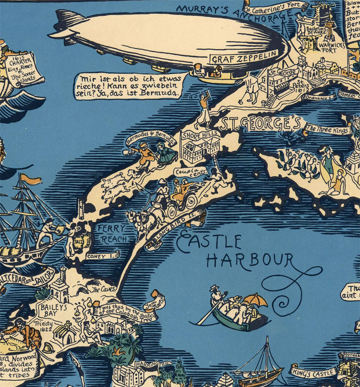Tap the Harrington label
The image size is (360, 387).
[x=152, y=363]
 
